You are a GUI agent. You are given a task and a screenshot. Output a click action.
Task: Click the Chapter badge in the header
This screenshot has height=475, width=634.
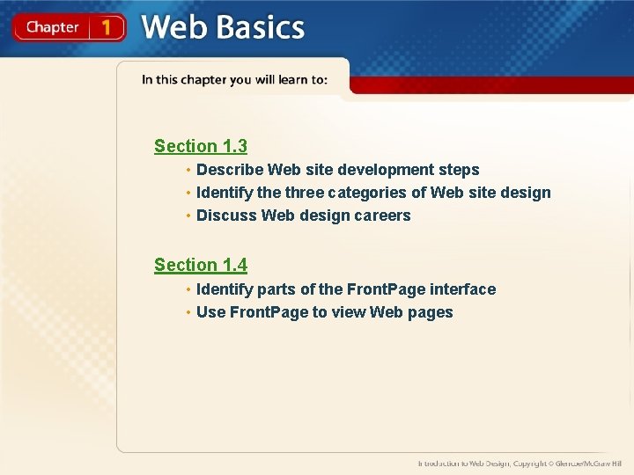coord(52,27)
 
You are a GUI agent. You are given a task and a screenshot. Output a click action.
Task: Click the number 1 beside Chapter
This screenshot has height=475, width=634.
coord(107,27)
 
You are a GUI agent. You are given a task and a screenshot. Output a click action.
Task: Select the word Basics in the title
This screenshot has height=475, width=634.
coord(260,27)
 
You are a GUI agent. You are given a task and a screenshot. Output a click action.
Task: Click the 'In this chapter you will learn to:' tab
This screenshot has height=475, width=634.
coord(234,80)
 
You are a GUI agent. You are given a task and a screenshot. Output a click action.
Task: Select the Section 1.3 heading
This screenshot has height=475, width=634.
coord(201,146)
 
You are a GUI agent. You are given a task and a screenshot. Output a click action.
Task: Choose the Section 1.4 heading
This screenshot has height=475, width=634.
coord(201,265)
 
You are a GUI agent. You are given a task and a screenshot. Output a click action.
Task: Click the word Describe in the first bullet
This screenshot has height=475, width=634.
coord(230,170)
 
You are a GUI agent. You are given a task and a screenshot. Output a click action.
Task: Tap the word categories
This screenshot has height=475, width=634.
coord(375,193)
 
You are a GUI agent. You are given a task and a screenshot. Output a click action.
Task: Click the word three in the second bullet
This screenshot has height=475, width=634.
coord(304,193)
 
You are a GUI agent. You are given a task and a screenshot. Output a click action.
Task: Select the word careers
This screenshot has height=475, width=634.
coord(381,216)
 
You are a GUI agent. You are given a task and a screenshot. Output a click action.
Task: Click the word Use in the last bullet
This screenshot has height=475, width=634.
coord(211,312)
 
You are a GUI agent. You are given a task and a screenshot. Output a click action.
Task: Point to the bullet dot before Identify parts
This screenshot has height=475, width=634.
coord(188,289)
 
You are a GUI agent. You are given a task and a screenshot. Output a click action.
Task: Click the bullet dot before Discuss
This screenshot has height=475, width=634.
coord(188,216)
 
